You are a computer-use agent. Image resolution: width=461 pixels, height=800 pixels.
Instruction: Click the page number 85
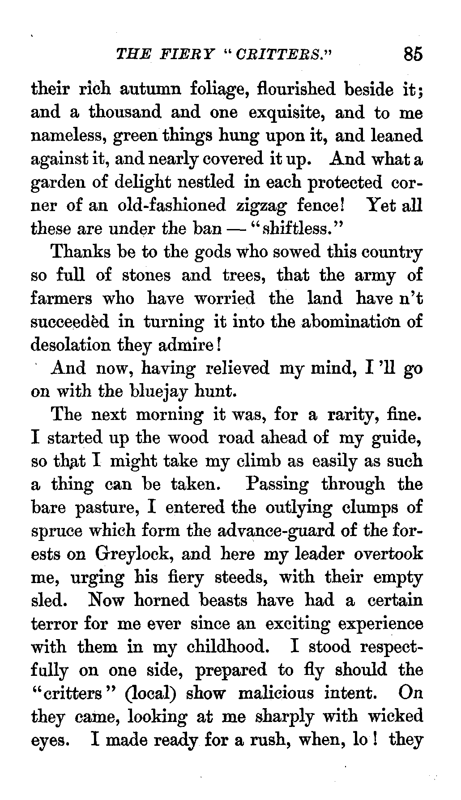pyautogui.click(x=412, y=54)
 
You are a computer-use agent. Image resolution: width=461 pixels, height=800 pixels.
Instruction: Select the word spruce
pyautogui.click(x=57, y=532)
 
